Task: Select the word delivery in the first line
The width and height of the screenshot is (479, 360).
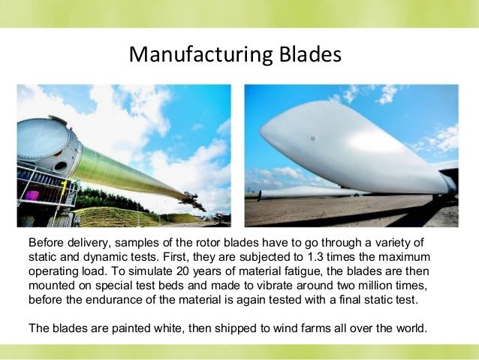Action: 95,243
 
